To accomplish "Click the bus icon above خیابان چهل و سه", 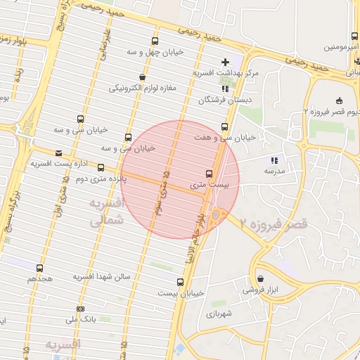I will coord(155,41).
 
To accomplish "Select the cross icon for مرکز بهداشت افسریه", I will coord(225,62).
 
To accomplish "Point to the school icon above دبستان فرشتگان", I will coord(225,89).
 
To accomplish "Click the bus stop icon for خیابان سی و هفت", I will coord(224,127).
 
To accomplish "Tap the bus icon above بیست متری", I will coord(209,174).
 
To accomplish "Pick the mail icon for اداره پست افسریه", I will coord(58,153).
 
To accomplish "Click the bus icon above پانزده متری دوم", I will coord(101,168).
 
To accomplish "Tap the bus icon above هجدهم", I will coord(39,268).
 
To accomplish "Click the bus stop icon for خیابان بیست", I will coord(181,282).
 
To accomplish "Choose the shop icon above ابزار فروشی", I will coord(261,278).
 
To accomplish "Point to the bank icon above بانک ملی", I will coord(80,309).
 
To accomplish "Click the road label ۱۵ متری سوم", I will coord(162,193).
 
